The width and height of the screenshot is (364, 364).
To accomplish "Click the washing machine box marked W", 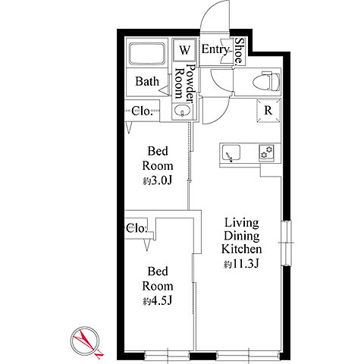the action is (184, 50).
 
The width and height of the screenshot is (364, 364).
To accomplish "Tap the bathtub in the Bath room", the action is (147, 55).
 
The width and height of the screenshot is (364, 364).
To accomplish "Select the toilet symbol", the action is (267, 81).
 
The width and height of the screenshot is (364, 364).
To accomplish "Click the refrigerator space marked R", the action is (268, 111).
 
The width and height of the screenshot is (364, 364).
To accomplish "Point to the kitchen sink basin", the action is (231, 152).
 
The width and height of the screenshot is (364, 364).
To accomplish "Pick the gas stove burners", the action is (267, 152).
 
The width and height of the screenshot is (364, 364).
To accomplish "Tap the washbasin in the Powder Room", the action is (182, 111).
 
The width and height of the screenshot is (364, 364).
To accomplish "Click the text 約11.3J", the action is (241, 264).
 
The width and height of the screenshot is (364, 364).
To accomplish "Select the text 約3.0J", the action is (157, 180).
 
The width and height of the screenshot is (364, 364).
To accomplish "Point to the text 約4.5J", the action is (157, 301).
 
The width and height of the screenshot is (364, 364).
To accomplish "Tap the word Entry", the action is (215, 50).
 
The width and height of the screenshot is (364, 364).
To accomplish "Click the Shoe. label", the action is (239, 51).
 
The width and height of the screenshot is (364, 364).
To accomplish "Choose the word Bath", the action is (147, 81).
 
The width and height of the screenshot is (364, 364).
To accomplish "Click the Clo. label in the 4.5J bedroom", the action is (136, 229).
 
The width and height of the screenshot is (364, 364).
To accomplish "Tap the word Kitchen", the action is (241, 249).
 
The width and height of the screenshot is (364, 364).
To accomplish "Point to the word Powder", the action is (191, 83).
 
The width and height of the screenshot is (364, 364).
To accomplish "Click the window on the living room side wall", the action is (287, 243).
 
